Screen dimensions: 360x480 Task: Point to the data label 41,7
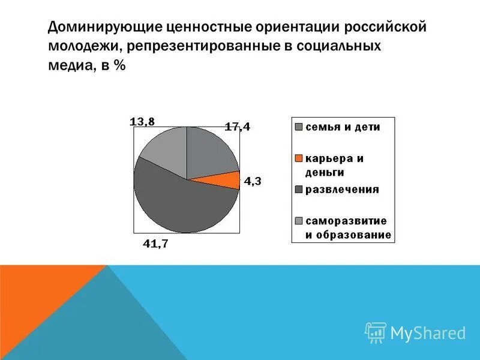(x=155, y=244)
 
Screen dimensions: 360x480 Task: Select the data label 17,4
(x=237, y=127)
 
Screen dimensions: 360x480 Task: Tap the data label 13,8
(x=142, y=122)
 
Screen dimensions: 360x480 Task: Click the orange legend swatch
(x=298, y=158)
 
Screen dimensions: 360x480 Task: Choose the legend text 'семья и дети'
(x=343, y=127)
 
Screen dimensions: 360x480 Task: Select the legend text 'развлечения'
(x=342, y=190)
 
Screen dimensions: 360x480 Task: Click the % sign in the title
(x=119, y=67)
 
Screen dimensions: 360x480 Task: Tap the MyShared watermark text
(x=428, y=332)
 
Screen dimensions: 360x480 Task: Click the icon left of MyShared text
(x=376, y=332)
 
